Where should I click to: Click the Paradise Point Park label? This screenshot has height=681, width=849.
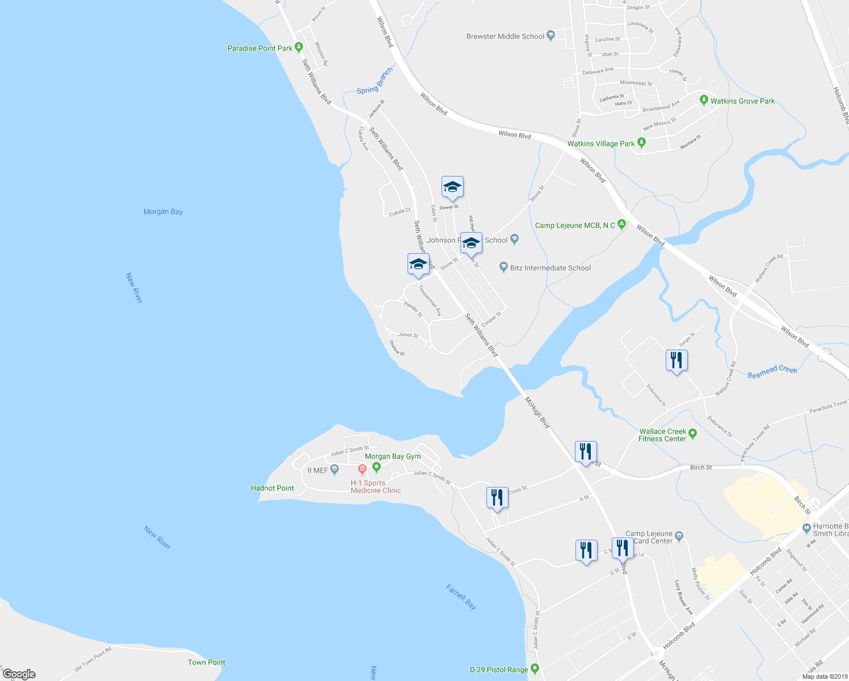tap(260, 49)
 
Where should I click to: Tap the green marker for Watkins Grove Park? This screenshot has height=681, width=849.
tap(704, 100)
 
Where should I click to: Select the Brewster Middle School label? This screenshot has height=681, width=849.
tap(505, 36)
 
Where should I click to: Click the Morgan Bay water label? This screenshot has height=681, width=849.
tap(163, 212)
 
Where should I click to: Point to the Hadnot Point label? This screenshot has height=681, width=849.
tap(272, 488)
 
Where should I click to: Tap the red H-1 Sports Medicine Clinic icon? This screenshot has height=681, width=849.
tap(362, 469)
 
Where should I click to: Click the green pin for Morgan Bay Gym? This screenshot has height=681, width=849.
tap(376, 467)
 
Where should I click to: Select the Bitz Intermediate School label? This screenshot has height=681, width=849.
tap(550, 268)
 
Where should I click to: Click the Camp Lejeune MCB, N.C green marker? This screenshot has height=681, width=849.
tap(622, 225)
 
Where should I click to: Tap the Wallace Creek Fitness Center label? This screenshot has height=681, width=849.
tap(662, 435)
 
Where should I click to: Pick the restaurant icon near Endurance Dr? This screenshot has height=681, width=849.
tap(676, 360)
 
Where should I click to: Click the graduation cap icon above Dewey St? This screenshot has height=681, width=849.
tap(452, 187)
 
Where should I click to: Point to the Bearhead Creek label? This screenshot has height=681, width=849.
tap(772, 372)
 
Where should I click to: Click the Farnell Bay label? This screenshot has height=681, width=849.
tap(461, 597)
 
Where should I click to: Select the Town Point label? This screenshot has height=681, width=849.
tap(207, 662)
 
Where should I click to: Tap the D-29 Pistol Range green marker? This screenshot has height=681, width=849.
tap(535, 669)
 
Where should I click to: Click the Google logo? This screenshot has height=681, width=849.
tap(19, 674)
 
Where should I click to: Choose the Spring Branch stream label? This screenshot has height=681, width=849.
tap(375, 81)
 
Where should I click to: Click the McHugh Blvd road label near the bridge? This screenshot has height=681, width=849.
tap(537, 413)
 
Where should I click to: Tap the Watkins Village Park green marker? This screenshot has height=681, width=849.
tap(641, 143)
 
